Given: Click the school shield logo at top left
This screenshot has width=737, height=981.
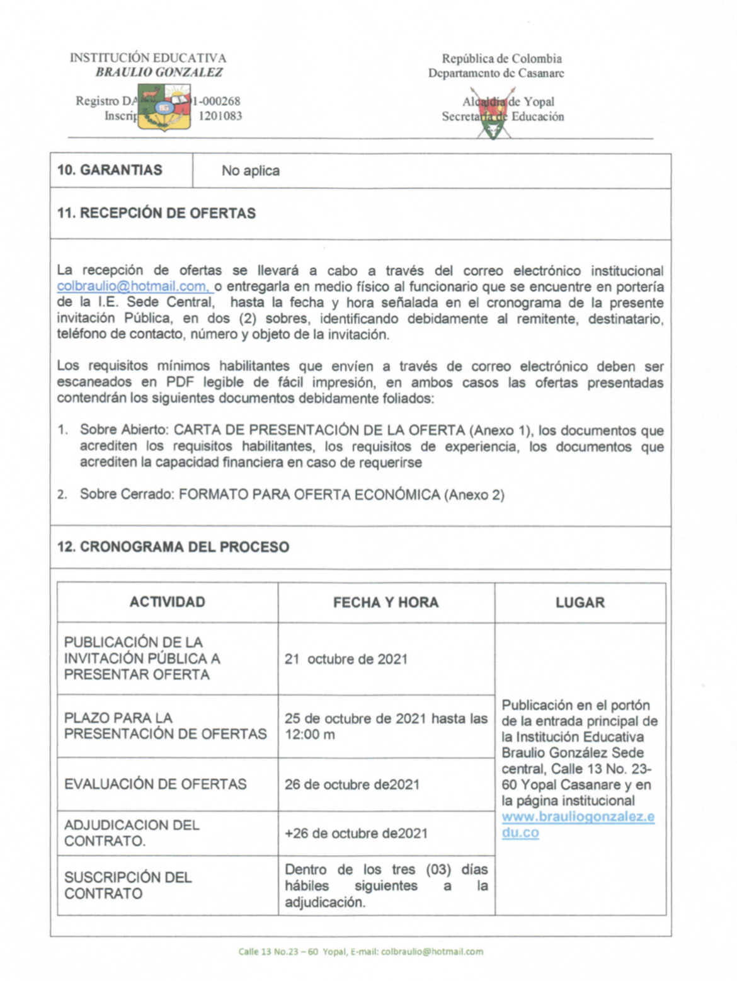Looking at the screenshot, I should click(x=164, y=106).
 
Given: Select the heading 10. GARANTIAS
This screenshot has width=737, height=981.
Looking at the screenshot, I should click(x=110, y=170).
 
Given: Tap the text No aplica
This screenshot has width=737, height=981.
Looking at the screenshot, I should click(x=250, y=171).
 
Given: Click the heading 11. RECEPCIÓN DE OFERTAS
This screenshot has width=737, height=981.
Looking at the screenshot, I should click(x=156, y=213).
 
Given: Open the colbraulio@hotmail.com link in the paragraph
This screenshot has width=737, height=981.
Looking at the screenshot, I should click(x=134, y=287).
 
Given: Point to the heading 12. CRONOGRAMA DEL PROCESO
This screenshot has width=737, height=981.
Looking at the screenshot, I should click(x=173, y=546).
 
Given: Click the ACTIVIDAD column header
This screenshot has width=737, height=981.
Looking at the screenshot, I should click(x=167, y=602).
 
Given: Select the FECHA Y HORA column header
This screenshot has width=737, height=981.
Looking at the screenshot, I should click(x=386, y=602).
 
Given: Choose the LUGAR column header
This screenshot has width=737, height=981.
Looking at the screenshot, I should click(x=580, y=602).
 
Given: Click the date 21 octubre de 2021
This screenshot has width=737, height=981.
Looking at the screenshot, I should click(x=346, y=659).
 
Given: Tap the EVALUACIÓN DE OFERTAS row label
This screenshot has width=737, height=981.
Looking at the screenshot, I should click(x=155, y=784).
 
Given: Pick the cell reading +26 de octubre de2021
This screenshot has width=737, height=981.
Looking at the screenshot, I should click(x=356, y=833).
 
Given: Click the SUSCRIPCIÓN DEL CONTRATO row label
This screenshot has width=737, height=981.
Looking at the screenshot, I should click(x=128, y=885).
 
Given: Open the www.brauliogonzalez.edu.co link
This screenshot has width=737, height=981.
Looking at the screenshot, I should click(x=578, y=824).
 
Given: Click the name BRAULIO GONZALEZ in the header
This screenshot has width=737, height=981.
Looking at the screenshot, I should click(x=159, y=72).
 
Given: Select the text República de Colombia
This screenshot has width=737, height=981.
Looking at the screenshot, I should click(x=501, y=59).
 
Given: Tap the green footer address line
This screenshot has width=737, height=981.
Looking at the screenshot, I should click(x=360, y=951).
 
